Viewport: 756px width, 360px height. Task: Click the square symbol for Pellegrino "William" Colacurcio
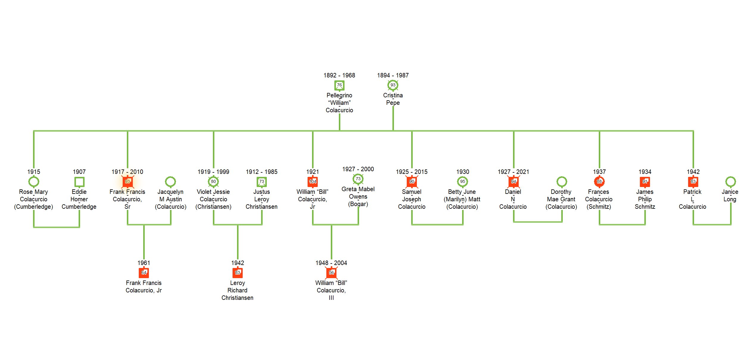(339, 85)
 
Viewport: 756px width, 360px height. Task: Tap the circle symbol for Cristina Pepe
(393, 85)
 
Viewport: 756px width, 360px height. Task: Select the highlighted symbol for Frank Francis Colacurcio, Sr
(127, 182)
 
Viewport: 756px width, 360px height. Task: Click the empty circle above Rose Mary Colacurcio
(34, 181)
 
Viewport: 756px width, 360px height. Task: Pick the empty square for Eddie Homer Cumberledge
(79, 182)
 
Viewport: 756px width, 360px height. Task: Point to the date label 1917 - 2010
(127, 172)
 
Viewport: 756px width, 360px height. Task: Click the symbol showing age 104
(313, 182)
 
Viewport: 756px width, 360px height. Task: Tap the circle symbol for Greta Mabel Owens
(358, 179)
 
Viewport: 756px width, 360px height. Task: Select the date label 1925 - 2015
(411, 172)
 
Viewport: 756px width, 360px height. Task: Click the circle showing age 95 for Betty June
(462, 182)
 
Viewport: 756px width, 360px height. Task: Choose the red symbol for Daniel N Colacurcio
(514, 182)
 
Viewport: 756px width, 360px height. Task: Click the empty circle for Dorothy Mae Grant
(562, 181)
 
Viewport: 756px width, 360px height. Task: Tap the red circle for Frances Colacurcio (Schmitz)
(599, 182)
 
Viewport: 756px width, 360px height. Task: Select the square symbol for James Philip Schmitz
(645, 182)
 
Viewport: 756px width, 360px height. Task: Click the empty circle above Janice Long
(730, 181)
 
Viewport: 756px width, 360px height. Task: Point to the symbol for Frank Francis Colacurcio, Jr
(144, 273)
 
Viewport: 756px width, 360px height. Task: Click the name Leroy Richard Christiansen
(237, 290)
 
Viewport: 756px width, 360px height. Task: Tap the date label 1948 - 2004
(331, 263)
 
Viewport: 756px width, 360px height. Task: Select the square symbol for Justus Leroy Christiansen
(261, 182)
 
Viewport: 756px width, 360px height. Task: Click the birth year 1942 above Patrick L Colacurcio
(693, 172)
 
